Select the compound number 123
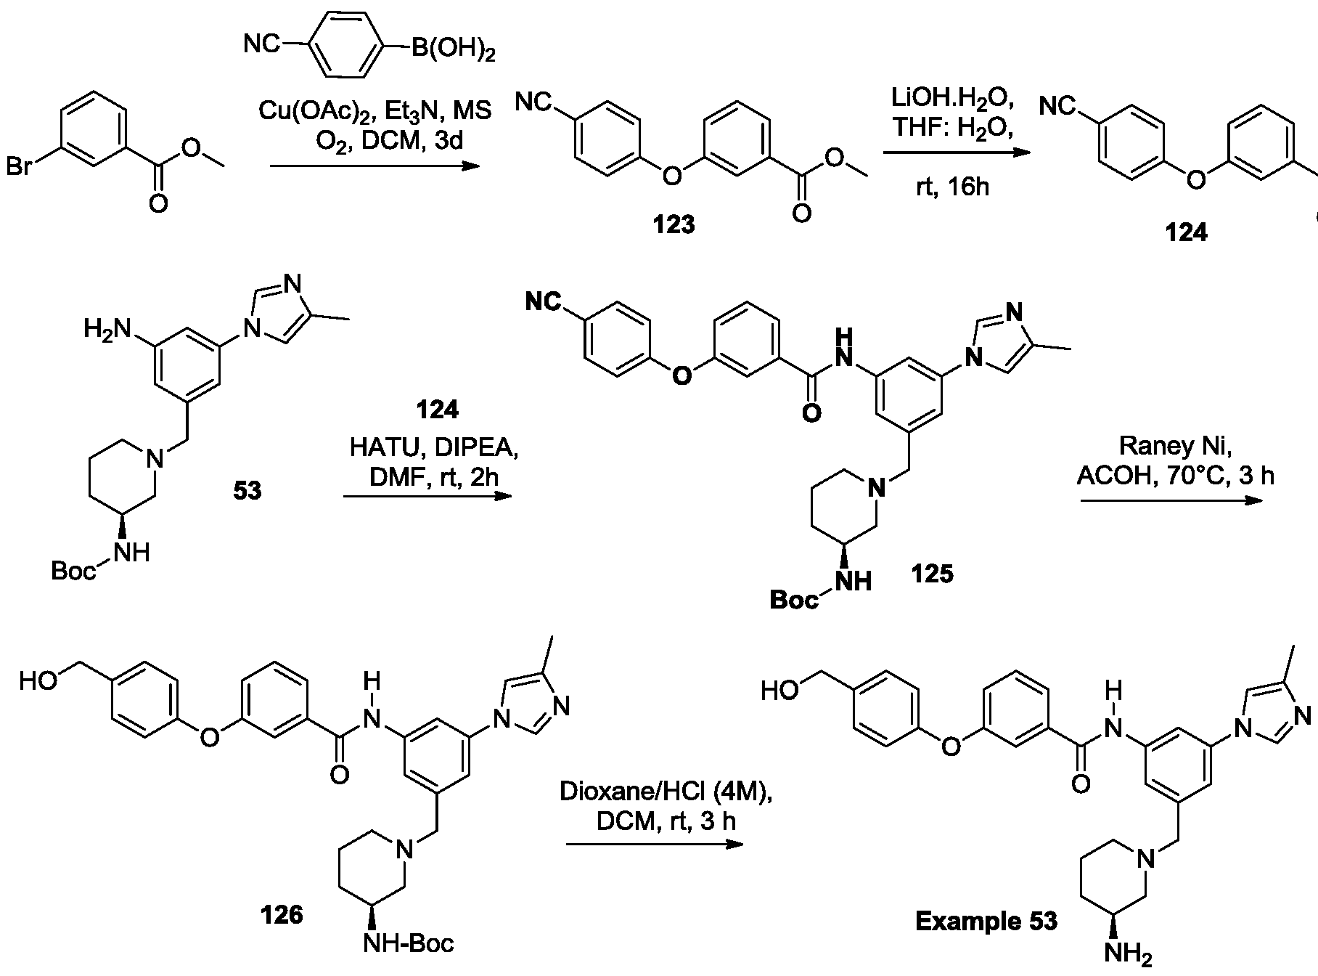[x=674, y=225]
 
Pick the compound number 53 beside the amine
[x=247, y=492]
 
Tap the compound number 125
[x=933, y=574]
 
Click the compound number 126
[x=282, y=915]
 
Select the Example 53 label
[x=986, y=922]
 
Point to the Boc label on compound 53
[x=73, y=571]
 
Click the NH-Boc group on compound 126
[x=409, y=943]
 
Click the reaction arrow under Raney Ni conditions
[x=1173, y=501]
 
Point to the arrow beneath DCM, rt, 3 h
[x=655, y=845]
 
